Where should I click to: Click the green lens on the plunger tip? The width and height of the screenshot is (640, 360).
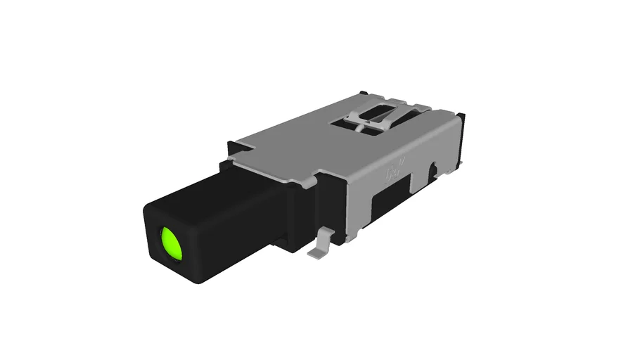click(170, 243)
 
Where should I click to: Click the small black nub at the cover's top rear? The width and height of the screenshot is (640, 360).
click(361, 93)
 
